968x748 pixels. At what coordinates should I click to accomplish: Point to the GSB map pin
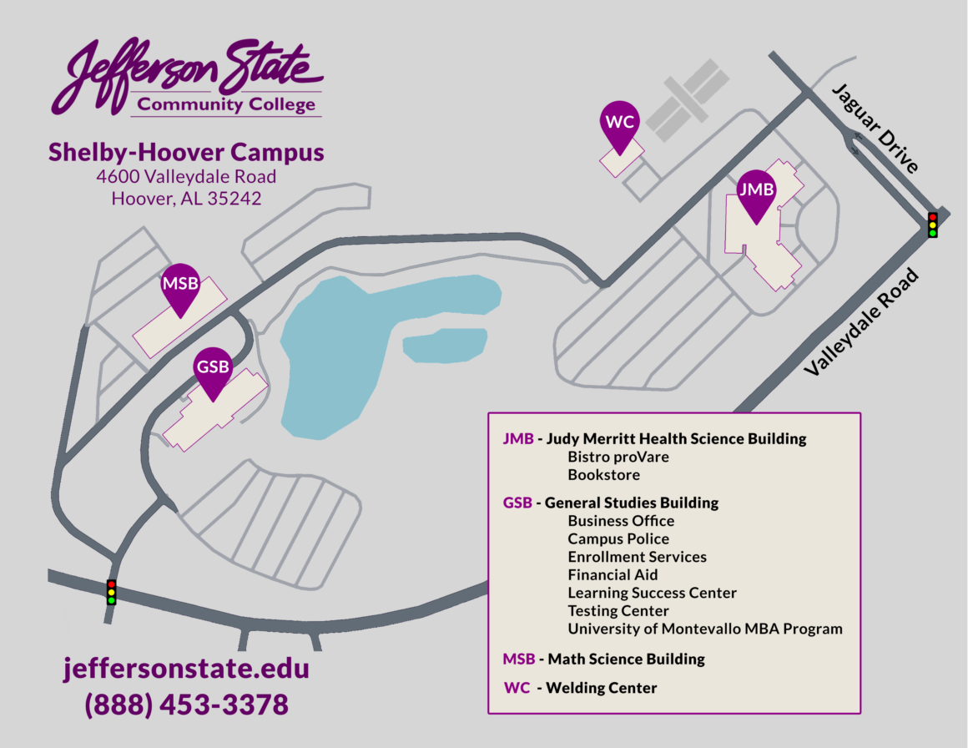(213, 370)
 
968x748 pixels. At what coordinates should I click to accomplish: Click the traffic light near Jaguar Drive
(932, 225)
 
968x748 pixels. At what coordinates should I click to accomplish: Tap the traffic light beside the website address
(111, 592)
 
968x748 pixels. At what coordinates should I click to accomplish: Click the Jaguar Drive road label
(875, 128)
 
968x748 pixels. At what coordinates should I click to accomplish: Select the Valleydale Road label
(861, 322)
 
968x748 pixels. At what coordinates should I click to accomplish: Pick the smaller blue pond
(446, 345)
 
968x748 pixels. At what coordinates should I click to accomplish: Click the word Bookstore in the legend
(603, 475)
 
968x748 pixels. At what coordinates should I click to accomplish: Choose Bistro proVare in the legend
(618, 457)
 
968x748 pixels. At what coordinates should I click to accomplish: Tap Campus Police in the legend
(618, 538)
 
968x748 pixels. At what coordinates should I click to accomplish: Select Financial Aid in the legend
(613, 574)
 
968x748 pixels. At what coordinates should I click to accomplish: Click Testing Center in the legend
(618, 610)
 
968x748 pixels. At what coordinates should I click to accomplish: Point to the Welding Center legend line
(581, 688)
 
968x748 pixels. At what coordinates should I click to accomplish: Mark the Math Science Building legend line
(604, 659)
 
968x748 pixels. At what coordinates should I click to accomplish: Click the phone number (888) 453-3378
(186, 705)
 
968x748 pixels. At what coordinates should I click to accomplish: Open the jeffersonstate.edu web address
(186, 669)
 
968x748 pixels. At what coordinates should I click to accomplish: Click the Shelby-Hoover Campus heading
(186, 152)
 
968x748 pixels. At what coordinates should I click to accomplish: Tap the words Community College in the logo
(227, 104)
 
